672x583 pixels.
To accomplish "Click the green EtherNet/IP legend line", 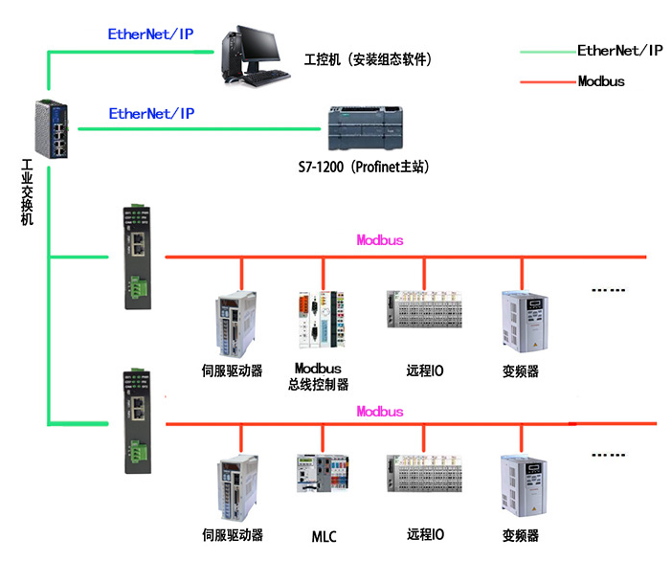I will click(x=547, y=52).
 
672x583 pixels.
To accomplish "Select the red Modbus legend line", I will click(x=547, y=82).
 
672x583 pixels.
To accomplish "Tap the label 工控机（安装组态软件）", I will click(x=368, y=59).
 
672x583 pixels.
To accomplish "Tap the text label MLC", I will click(x=324, y=536).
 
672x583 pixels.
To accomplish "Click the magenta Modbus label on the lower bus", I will click(x=379, y=412).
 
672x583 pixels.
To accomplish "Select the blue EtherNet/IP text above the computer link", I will click(x=151, y=33).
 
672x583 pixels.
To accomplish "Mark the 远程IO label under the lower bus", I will click(x=425, y=534).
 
